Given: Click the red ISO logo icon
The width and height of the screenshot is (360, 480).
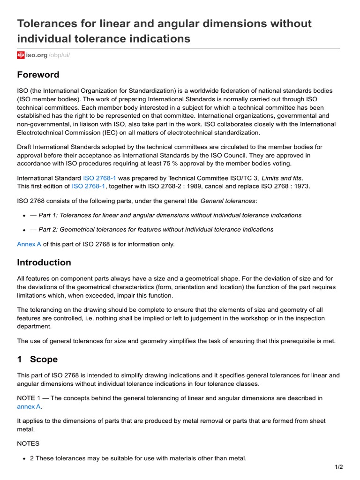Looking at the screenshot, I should tap(21, 55).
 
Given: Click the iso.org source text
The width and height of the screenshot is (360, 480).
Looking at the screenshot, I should tap(37, 55).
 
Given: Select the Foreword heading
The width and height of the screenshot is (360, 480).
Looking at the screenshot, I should tap(38, 75).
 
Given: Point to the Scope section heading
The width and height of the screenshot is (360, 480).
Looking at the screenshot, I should tap(44, 360).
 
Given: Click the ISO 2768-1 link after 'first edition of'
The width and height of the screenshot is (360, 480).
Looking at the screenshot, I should tap(89, 186).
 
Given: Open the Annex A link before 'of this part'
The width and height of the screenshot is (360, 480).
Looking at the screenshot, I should tap(29, 244).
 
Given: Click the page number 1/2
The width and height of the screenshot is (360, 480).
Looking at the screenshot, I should tap(339, 467).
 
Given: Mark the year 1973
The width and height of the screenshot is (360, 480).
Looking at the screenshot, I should tap(300, 186).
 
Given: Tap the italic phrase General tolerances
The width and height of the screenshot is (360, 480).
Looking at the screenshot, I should tap(228, 201).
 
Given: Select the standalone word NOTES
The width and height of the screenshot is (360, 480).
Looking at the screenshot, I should tap(28, 443).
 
